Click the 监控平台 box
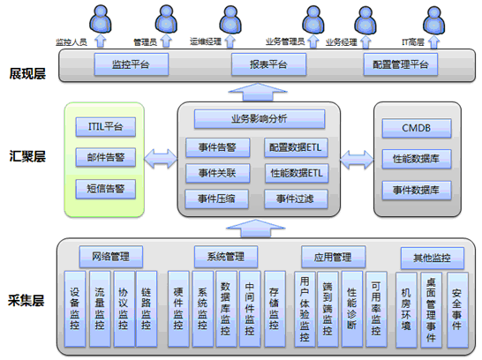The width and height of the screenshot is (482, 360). tap(132, 64)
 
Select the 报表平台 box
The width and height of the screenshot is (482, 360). tap(268, 64)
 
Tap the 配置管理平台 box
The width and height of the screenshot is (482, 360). tap(401, 64)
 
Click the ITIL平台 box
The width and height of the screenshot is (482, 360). tap(105, 126)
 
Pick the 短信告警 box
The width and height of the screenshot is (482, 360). tap(105, 189)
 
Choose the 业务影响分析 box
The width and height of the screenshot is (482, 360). tap(260, 119)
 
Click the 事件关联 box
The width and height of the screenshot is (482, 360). tap(217, 173)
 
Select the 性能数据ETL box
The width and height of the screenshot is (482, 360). tap(297, 173)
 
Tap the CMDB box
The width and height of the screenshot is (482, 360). tap(417, 128)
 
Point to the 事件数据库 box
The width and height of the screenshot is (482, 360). tap(417, 191)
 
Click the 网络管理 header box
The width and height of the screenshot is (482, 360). tap(111, 257)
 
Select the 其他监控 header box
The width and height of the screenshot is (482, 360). tap(433, 258)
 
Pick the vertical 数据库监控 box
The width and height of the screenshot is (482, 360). tap(226, 309)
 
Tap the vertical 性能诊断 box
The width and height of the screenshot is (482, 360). tap(351, 309)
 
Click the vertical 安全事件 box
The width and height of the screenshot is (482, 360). tap(457, 310)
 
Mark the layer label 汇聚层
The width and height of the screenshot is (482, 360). tap(27, 156)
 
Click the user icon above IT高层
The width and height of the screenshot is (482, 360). tap(433, 19)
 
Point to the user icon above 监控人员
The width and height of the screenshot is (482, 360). tap(101, 19)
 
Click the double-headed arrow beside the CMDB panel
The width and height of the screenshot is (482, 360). tap(357, 160)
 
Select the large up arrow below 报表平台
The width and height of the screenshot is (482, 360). tap(258, 92)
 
